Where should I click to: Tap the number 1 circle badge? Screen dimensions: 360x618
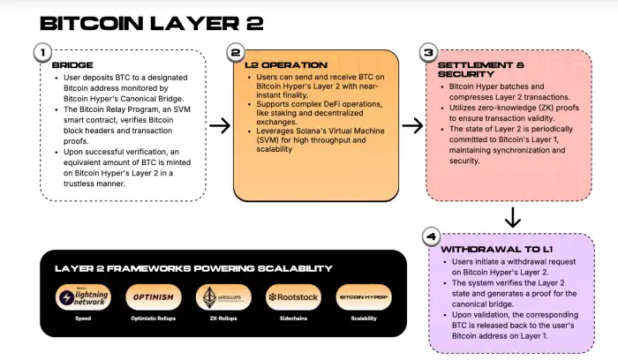tap(41, 53)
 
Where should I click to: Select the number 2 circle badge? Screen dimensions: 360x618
tap(236, 53)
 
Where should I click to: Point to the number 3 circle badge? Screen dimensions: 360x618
tap(428, 53)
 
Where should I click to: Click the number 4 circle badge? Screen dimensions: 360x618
tap(430, 236)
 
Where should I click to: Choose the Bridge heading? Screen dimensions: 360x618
tap(72, 66)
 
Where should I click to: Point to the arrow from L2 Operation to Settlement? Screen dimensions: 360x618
tap(411, 125)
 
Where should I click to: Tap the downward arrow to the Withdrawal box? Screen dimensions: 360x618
tap(512, 216)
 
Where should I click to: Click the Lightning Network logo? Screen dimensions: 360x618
tap(84, 298)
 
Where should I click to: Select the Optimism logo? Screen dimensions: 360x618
tap(152, 297)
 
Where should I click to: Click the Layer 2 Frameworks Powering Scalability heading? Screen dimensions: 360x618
tap(193, 268)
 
